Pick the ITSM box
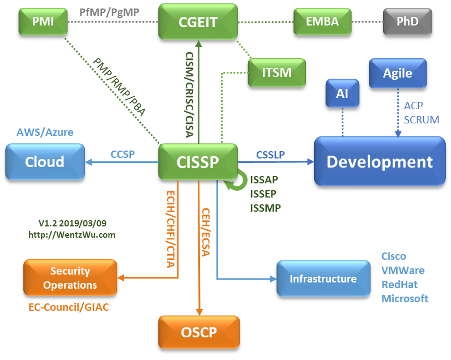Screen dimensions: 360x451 pos(276,72)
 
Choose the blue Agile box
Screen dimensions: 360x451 pos(398,74)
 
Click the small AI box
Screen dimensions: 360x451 pos(342,93)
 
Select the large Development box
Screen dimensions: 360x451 pos(380,161)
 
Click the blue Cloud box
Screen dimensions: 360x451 pos(45,161)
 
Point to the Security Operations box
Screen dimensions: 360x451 pos(70,278)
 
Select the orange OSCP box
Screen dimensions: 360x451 pos(199,331)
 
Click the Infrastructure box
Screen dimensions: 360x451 pos(323,278)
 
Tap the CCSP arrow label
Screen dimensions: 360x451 pos(122,153)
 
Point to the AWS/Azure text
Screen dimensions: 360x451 pos(45,132)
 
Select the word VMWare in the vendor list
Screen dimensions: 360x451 pos(402,270)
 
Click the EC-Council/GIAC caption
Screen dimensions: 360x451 pos(69,307)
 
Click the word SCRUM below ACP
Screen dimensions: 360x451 pos(422,120)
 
